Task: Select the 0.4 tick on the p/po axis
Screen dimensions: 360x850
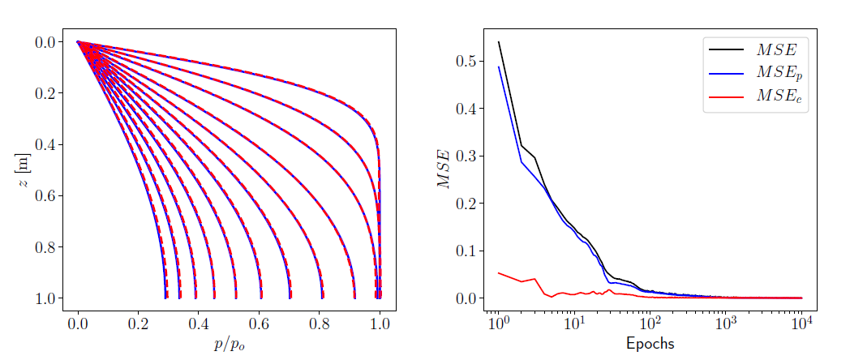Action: click(x=199, y=324)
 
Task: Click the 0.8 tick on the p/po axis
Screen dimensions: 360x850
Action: click(x=320, y=324)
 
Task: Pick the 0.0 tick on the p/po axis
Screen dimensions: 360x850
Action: click(x=78, y=324)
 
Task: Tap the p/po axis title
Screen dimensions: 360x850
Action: click(x=229, y=344)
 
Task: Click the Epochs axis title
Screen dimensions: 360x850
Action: click(x=650, y=344)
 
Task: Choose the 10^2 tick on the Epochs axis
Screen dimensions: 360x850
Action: click(x=650, y=324)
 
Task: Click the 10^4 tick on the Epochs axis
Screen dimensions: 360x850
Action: click(x=801, y=324)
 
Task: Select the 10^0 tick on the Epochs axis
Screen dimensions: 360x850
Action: click(x=498, y=324)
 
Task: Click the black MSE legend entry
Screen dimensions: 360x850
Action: click(x=755, y=50)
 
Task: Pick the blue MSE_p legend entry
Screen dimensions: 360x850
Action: click(x=755, y=73)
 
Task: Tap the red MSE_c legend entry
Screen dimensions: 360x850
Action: click(x=755, y=96)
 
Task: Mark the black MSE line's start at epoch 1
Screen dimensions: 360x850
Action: click(x=498, y=41)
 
